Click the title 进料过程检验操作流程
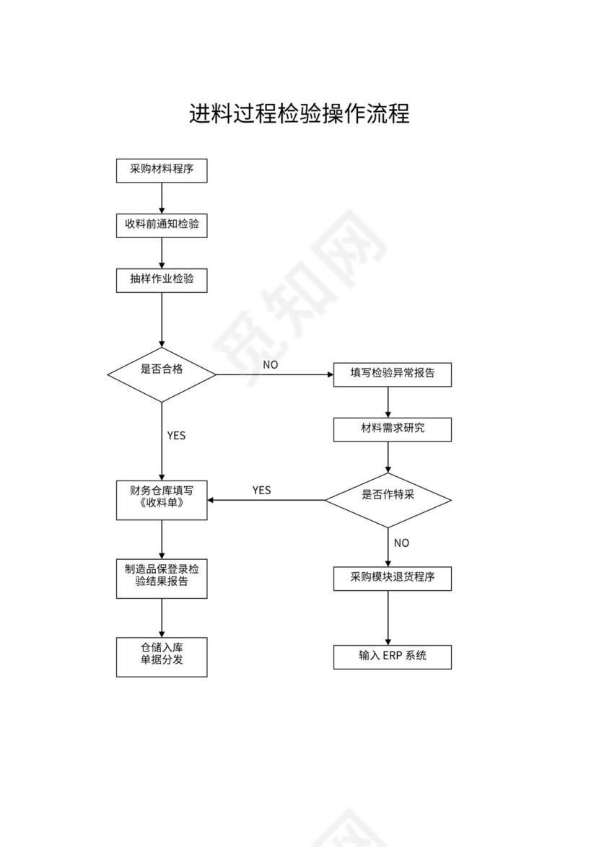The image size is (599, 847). coord(299,113)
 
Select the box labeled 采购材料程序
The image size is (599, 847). coord(162,170)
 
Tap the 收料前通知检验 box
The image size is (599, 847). coord(162,224)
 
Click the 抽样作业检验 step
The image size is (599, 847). coord(162,279)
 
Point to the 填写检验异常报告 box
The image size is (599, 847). coord(392,374)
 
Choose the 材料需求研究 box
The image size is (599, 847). coord(392,429)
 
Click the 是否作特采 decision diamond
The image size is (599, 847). coord(388,499)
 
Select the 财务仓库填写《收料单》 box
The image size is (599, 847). coord(162,499)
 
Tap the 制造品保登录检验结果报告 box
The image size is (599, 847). coord(162,577)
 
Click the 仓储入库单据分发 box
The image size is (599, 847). coord(162,657)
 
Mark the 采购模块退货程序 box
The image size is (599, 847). coord(392,578)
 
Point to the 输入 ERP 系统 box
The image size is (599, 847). coord(392,657)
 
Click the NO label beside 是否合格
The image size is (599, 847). coord(270,365)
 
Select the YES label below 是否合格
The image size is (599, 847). coord(176,436)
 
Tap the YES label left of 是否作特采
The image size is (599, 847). coord(261,491)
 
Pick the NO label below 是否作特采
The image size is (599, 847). coord(401,543)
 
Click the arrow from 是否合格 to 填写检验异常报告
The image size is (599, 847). coord(274,374)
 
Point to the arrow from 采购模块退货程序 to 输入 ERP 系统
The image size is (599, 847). coord(388,618)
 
